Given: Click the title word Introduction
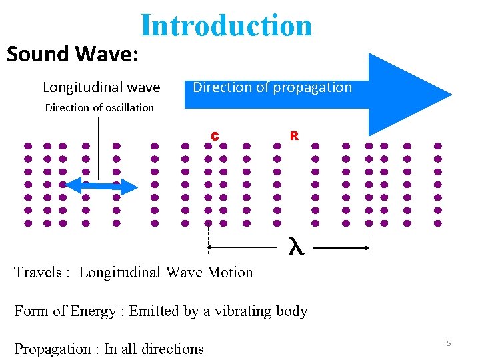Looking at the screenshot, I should coord(226,25).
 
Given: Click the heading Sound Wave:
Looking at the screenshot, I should coord(73,53).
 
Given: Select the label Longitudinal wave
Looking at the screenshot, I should coord(101,87).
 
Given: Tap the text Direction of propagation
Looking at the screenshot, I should coord(272,87).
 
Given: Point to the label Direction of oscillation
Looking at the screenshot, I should coord(99,107).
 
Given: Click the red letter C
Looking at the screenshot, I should coord(215,136).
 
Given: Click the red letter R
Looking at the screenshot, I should coord(293,135).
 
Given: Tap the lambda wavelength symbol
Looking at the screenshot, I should coord(295,247).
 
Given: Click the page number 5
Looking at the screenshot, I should coord(449,343).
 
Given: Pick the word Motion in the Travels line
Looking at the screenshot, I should coord(231,272).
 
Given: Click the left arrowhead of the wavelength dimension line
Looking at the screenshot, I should coord(211,247).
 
